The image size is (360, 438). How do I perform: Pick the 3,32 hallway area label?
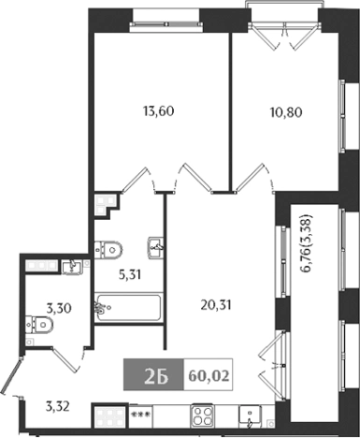click(x=59, y=406)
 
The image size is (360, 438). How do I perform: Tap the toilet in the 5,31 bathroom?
click(x=108, y=248)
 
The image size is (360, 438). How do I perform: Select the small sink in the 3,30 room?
click(x=71, y=268)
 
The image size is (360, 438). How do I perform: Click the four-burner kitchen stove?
click(x=203, y=416)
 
